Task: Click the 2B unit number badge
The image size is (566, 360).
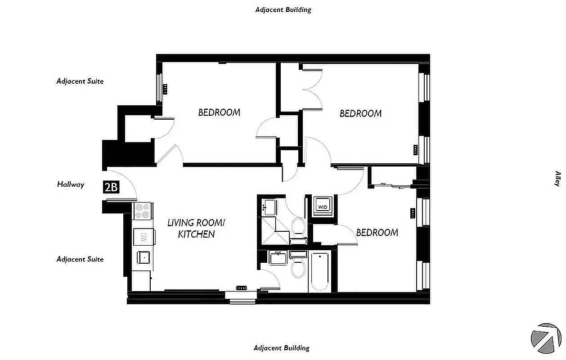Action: pyautogui.click(x=111, y=187)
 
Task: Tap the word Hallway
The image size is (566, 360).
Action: pyautogui.click(x=71, y=184)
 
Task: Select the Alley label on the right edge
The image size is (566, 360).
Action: pyautogui.click(x=557, y=178)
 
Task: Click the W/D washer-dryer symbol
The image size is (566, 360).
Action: pyautogui.click(x=323, y=206)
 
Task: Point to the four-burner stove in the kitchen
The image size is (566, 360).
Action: pyautogui.click(x=143, y=211)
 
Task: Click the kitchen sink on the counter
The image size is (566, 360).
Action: pyautogui.click(x=144, y=257)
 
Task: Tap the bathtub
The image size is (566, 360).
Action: pyautogui.click(x=320, y=271)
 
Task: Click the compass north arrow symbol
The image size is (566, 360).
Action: pyautogui.click(x=545, y=337)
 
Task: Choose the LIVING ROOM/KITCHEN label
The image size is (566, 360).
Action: pyautogui.click(x=196, y=228)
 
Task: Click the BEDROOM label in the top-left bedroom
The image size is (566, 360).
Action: pyautogui.click(x=219, y=112)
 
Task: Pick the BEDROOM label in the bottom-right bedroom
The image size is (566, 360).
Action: pyautogui.click(x=377, y=233)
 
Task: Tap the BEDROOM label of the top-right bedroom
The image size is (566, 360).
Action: pyautogui.click(x=360, y=113)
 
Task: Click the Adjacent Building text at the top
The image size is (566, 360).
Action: pyautogui.click(x=283, y=9)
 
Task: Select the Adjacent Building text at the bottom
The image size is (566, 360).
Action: pyautogui.click(x=282, y=348)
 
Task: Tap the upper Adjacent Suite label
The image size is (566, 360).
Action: pyautogui.click(x=80, y=81)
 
